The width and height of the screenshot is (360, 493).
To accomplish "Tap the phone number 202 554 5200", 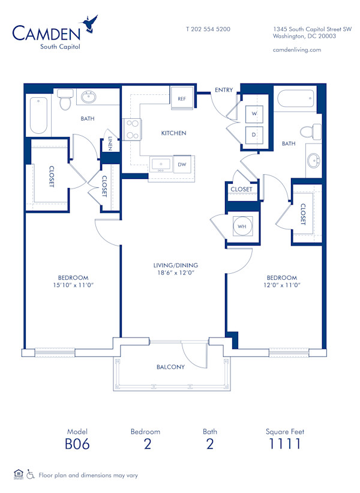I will [x=208, y=29].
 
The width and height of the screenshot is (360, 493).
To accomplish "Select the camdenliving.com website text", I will [x=296, y=50].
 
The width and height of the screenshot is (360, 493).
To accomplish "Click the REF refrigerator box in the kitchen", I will [x=181, y=98].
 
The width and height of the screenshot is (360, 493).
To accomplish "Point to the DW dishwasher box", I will [x=181, y=163].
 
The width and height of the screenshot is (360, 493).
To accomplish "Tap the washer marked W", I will [x=254, y=113].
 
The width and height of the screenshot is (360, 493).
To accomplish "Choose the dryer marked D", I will [x=254, y=135].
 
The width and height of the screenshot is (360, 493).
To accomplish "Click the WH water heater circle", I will [x=242, y=226].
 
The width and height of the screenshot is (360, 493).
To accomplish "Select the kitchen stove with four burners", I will [x=132, y=129].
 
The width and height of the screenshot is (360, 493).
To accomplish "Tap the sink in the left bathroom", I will [x=89, y=97].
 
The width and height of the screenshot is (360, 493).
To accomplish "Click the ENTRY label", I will [x=224, y=90].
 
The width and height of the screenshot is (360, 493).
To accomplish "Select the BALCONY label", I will [x=171, y=367].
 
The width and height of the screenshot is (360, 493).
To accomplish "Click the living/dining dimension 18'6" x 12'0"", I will [x=175, y=273].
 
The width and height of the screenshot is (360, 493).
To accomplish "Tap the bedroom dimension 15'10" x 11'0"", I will [x=73, y=285].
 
